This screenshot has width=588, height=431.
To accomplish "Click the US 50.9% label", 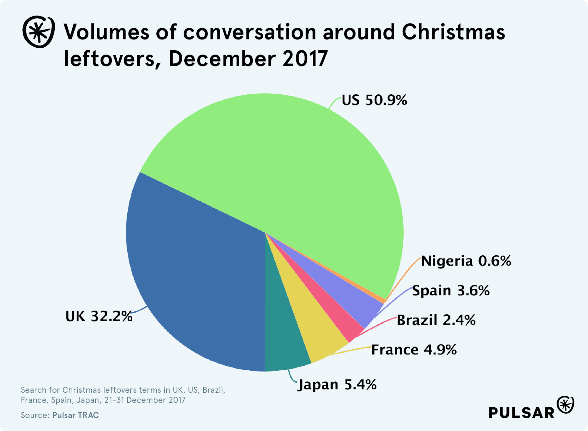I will click(374, 100).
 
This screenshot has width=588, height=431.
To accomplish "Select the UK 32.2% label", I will click(99, 316).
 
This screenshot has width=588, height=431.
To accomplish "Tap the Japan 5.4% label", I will click(337, 385).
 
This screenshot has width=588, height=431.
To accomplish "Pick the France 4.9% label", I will click(414, 350).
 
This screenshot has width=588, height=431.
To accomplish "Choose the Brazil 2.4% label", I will click(436, 320).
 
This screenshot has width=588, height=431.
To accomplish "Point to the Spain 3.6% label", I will click(451, 291).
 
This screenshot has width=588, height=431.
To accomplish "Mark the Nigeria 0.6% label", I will click(466, 261).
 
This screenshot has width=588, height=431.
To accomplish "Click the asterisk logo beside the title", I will click(39, 32).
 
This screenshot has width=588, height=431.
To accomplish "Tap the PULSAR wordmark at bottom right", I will click(521, 413).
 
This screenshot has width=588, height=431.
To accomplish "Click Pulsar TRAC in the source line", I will click(76, 415).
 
